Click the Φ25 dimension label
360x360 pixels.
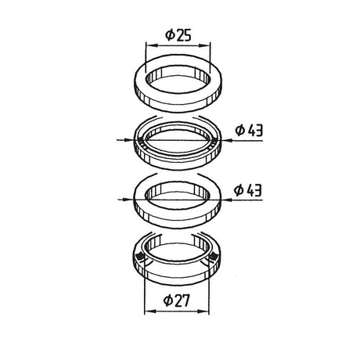tap(178, 35)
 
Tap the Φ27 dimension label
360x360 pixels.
tap(176, 301)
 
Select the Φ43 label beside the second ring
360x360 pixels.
tap(249, 130)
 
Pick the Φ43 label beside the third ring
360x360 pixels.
tap(248, 190)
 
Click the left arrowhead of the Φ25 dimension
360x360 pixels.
tap(151, 45)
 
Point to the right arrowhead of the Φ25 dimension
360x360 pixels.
tap(205, 45)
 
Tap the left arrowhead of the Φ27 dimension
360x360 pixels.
tap(149, 311)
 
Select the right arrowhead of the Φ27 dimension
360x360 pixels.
tap(203, 311)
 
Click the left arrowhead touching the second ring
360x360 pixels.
tap(129, 140)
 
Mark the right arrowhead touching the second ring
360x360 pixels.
tap(226, 140)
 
